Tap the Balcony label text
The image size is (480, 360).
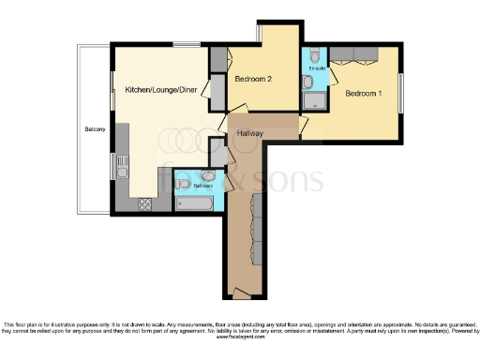click(94, 128)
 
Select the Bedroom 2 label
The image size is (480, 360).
click(253, 80)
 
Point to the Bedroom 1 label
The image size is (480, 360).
click(364, 94)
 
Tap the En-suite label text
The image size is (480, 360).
click(316, 68)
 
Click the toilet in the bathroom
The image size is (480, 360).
click(184, 183)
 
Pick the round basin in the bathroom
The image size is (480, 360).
click(207, 175)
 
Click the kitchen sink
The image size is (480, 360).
click(122, 167)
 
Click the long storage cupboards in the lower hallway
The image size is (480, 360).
click(256, 230)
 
